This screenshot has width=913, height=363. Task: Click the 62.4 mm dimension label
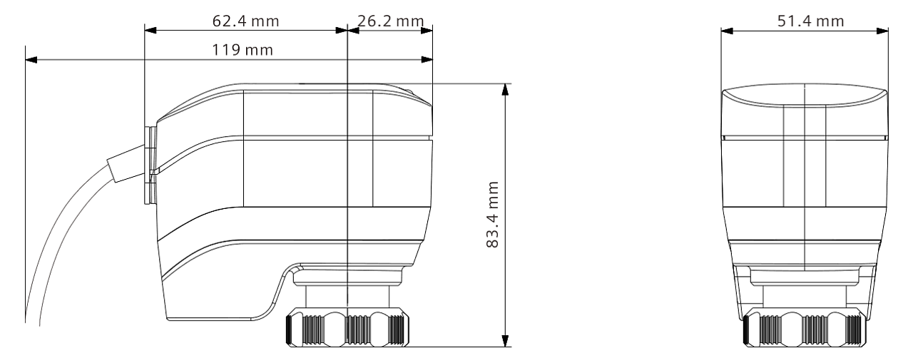pos(245,21)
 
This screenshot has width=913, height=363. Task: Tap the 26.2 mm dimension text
pos(390,21)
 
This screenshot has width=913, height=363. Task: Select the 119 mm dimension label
pos(242,50)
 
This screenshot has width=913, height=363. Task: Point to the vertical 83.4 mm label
pos(493,215)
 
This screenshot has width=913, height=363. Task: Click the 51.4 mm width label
pos(810,21)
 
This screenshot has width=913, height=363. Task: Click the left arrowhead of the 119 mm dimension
pos(31,60)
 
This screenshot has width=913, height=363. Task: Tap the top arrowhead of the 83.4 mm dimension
pos(506,90)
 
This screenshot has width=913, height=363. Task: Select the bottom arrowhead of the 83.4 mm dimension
pos(506,341)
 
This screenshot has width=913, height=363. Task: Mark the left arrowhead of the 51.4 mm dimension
pos(727,31)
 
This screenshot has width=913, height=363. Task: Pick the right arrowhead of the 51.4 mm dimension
pos(882,31)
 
